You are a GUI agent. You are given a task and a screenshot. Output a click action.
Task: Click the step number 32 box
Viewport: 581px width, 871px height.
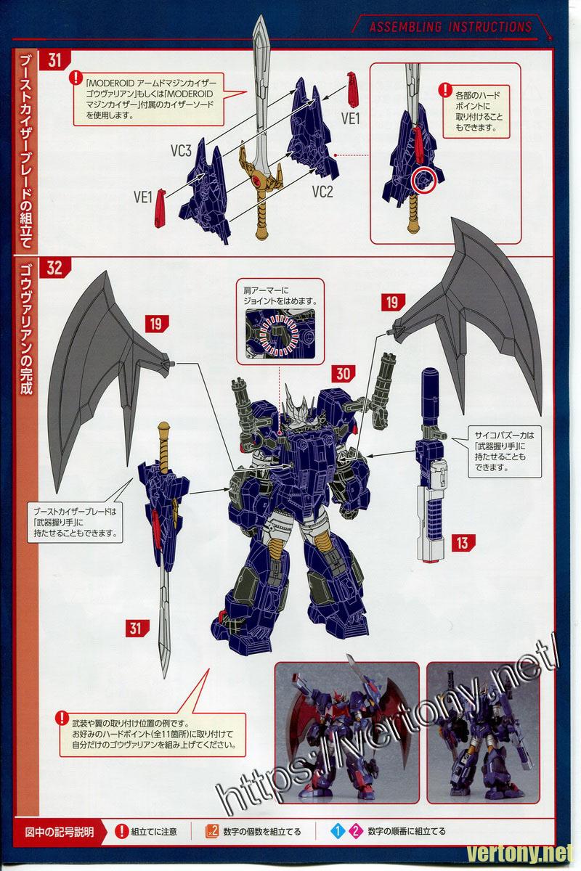54,268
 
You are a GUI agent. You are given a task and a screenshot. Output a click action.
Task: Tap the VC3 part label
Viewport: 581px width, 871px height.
181,151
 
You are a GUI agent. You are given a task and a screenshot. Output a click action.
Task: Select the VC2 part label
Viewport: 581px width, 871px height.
322,192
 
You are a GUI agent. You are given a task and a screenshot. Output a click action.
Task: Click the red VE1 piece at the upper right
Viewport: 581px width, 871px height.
352,89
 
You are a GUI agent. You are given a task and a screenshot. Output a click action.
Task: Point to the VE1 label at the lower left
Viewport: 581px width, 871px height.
142,197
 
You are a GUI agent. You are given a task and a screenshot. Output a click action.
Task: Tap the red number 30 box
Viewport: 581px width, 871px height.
344,374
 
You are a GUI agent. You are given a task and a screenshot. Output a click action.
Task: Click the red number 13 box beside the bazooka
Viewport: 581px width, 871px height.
463,543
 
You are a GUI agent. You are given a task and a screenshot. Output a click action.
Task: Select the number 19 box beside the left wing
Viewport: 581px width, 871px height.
156,324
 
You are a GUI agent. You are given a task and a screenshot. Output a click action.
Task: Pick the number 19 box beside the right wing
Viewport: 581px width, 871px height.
393,302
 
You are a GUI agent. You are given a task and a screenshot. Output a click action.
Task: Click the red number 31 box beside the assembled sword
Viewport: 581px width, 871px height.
137,629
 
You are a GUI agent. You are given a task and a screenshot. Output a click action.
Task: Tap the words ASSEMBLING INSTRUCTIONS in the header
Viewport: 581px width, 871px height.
450,27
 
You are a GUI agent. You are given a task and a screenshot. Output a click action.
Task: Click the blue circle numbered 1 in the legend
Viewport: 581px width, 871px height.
338,832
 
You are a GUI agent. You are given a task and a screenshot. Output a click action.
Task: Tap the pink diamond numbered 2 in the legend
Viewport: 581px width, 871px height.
356,832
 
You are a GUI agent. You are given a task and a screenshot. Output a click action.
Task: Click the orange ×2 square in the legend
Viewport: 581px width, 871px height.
212,831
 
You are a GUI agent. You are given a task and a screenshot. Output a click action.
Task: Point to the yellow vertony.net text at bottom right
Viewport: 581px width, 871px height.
520,854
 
